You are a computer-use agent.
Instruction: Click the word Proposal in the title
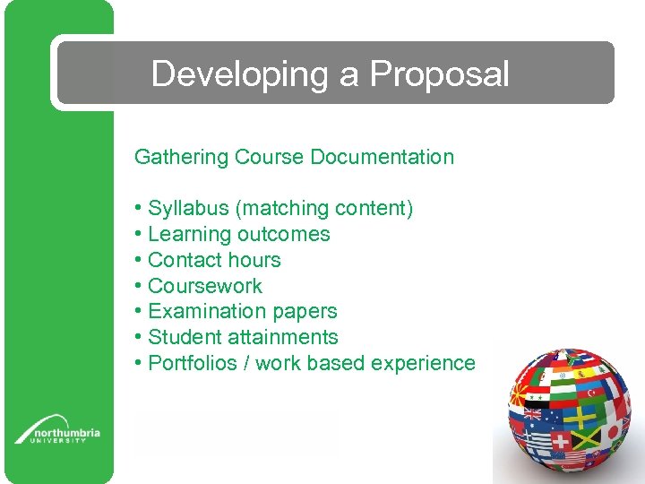439,74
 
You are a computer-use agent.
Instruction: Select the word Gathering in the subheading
181,158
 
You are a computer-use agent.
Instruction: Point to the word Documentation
382,158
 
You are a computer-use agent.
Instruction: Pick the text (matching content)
323,209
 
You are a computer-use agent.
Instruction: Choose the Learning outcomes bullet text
238,235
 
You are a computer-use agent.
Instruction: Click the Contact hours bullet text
214,261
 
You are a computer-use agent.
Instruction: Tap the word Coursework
205,287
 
